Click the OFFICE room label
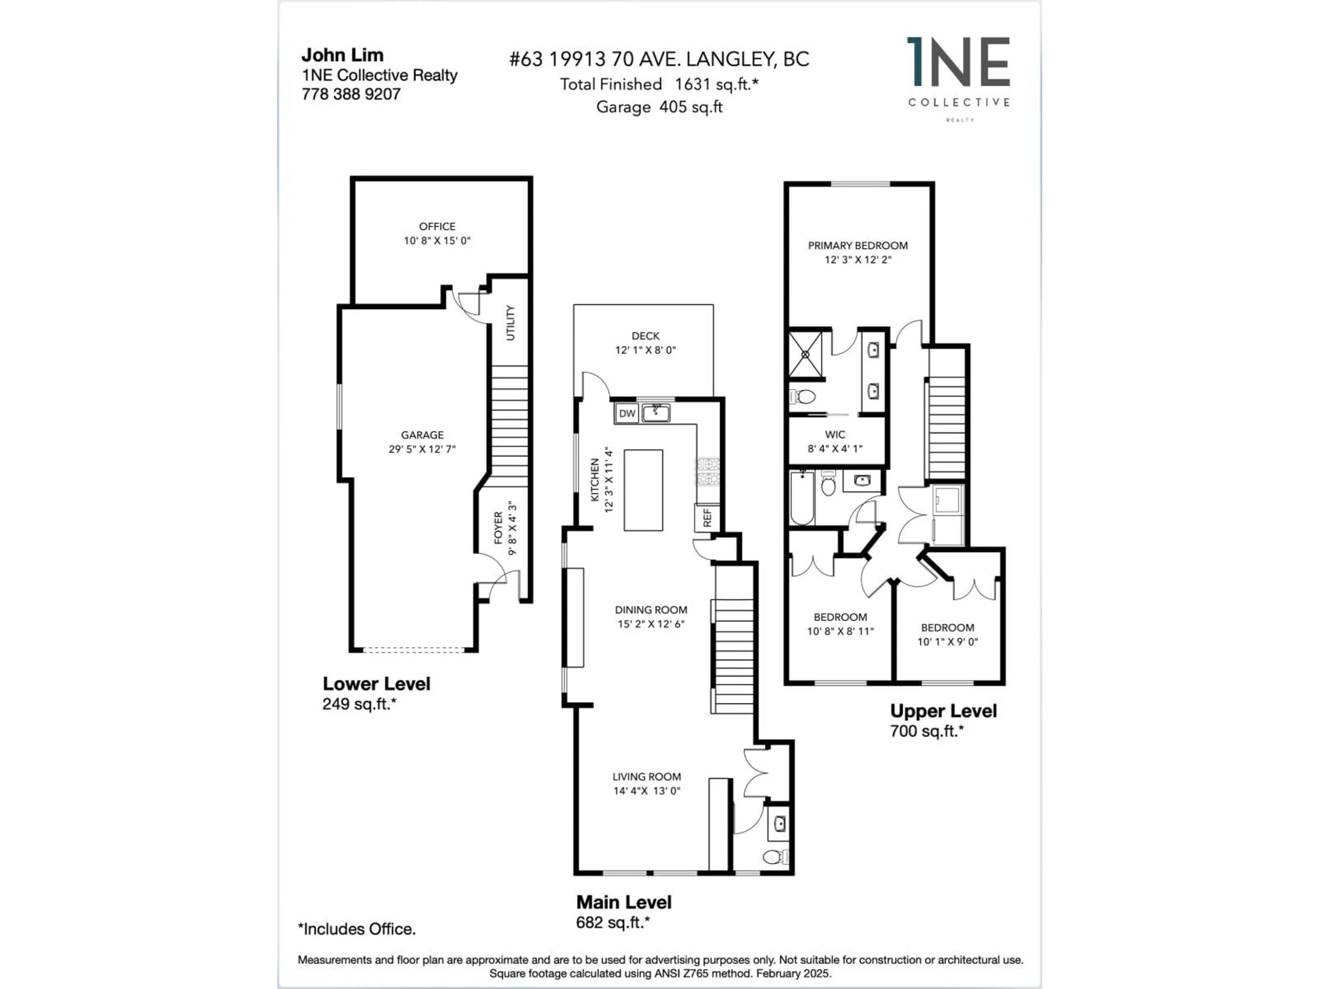(x=437, y=227)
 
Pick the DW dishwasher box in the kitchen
(x=627, y=413)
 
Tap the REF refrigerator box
(x=707, y=518)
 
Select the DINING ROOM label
(x=651, y=610)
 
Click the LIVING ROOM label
(x=646, y=777)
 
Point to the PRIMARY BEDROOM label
(x=857, y=246)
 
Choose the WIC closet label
(x=835, y=435)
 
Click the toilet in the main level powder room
(x=774, y=857)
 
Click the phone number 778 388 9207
(x=351, y=94)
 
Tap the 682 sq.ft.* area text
(x=612, y=922)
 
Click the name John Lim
(x=342, y=55)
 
